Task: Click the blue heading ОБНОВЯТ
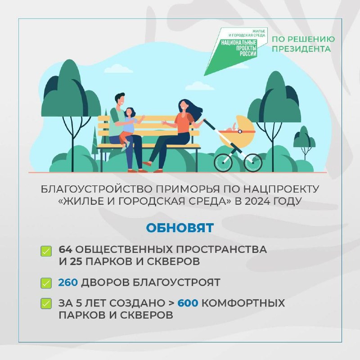[180, 228]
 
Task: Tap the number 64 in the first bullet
[65, 249]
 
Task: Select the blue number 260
[68, 283]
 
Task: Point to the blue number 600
[188, 303]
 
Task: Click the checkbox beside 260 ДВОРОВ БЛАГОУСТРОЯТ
[46, 283]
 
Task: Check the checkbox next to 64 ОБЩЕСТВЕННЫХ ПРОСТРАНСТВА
[46, 251]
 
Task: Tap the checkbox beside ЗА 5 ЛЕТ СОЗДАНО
[46, 303]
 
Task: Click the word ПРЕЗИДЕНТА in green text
[301, 49]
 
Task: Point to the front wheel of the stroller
[253, 162]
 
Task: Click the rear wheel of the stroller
[223, 162]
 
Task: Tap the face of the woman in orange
[183, 106]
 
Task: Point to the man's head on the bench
[120, 100]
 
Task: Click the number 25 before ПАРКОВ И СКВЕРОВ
[76, 261]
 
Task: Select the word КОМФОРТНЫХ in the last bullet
[243, 303]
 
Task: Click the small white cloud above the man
[118, 69]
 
